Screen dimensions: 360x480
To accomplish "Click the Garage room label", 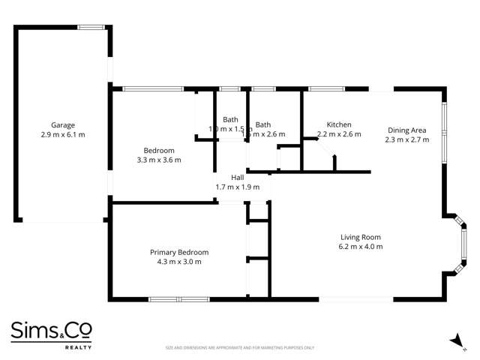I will [x=63, y=125].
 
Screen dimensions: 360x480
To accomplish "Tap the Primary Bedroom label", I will [x=179, y=252].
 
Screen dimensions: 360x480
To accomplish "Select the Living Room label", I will [x=361, y=237].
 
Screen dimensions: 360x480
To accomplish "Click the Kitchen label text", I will [x=339, y=124].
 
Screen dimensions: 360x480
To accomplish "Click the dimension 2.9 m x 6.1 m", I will [x=63, y=135].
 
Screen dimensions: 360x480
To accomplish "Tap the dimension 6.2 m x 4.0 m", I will [x=361, y=247].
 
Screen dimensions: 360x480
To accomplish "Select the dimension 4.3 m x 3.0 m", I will [x=179, y=262].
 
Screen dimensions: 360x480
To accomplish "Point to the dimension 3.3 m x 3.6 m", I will [x=159, y=160].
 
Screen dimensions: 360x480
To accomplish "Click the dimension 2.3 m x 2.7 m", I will [x=406, y=139].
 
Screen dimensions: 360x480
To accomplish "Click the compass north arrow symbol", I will [x=454, y=341].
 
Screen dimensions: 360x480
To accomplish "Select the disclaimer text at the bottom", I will [x=240, y=348].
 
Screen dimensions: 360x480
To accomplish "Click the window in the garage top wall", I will [x=91, y=27].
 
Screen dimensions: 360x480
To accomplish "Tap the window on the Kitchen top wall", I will [x=326, y=89].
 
